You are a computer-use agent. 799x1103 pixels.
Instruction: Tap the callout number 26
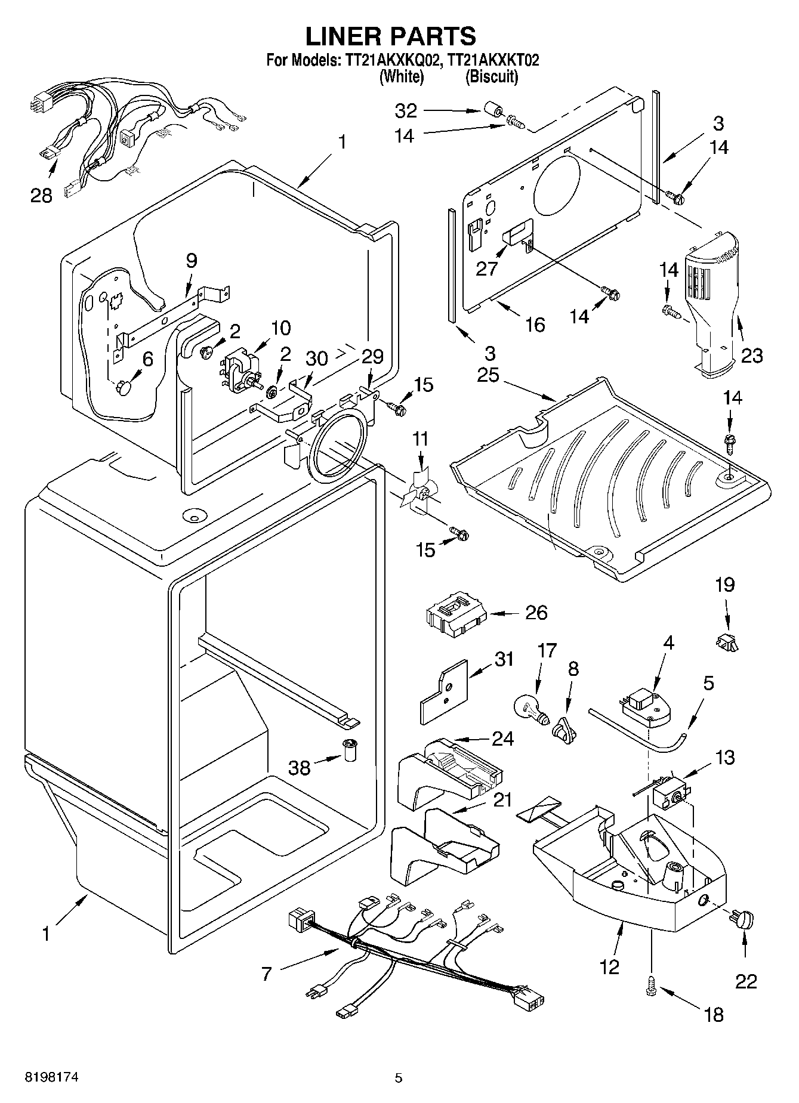[x=536, y=613]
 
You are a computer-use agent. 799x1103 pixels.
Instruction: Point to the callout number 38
[x=299, y=767]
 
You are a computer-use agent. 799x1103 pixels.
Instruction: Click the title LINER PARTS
[x=391, y=36]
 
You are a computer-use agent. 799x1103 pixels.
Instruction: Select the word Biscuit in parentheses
[x=492, y=76]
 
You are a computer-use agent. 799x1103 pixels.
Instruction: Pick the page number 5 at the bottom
[x=399, y=1077]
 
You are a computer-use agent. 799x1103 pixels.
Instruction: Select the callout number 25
[x=488, y=375]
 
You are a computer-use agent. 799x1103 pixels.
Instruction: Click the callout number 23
[x=752, y=356]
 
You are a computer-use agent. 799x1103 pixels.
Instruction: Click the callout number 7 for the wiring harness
[x=266, y=974]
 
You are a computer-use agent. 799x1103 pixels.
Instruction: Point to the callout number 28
[x=41, y=194]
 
